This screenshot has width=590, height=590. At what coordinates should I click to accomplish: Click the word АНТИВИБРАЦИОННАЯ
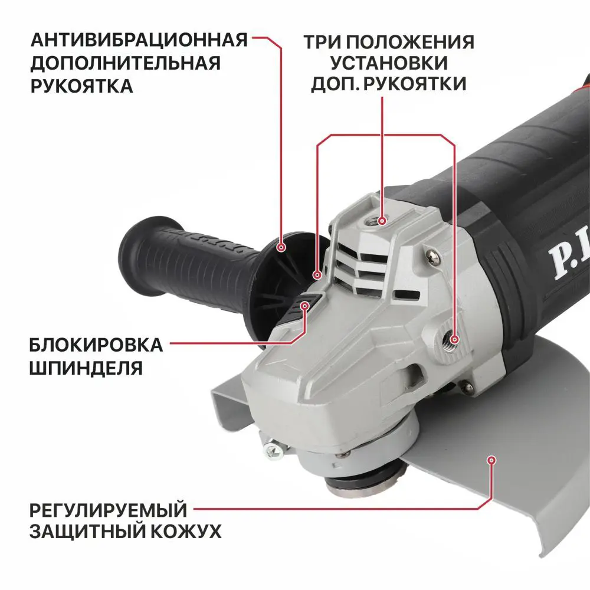click(139, 40)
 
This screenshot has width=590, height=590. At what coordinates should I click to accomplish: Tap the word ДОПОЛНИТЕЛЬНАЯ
click(125, 63)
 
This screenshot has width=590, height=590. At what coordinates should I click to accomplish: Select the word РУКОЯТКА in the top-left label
click(81, 86)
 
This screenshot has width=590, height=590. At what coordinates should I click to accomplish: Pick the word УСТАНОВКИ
click(389, 63)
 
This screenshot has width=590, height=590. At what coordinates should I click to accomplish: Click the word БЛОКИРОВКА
click(96, 345)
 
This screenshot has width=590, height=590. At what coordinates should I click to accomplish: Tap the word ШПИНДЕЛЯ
click(86, 368)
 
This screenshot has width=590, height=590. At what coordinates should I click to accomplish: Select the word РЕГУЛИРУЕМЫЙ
click(108, 509)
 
